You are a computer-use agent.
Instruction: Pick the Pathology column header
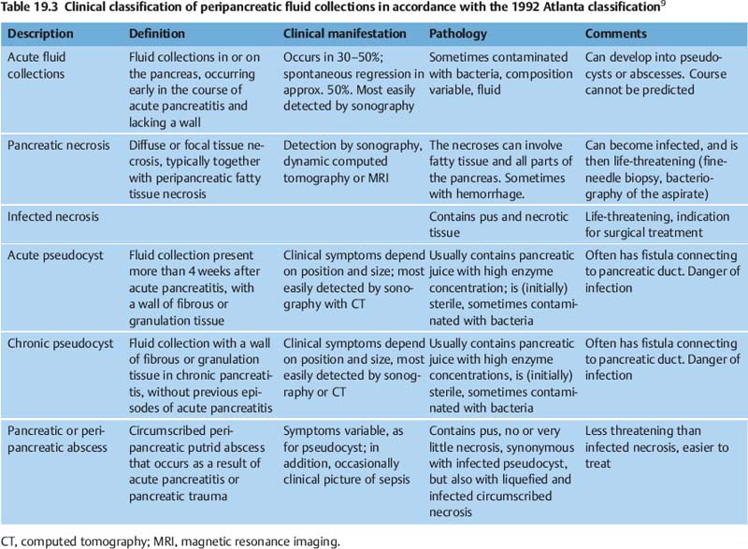[459, 33]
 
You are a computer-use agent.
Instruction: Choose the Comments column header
[617, 33]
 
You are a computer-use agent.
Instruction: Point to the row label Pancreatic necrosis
[58, 146]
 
